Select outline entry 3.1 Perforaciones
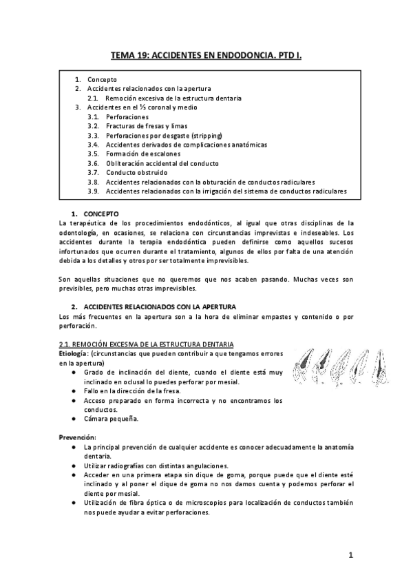coord(127,117)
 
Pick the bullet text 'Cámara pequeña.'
coord(112,419)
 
